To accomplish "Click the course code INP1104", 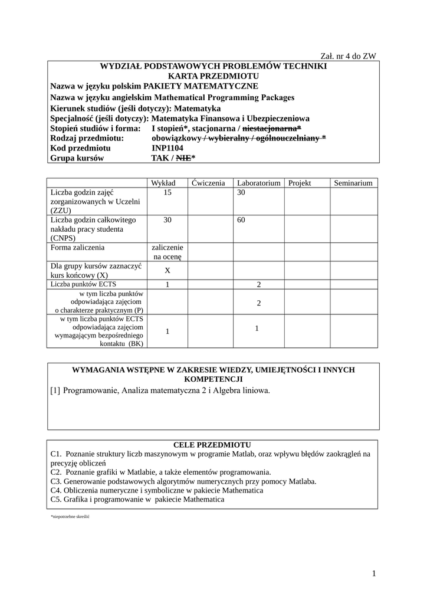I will [167, 148].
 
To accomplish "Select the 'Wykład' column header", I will [167, 183].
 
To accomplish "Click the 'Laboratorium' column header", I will [258, 183].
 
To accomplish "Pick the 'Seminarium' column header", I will [353, 183].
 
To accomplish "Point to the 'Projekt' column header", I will [300, 183].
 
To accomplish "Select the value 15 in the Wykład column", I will [167, 192].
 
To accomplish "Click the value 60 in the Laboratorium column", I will [241, 220].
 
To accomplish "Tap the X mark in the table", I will [167, 271].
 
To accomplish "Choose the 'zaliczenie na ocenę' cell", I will [167, 252].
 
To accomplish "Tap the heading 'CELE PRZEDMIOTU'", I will [213, 444].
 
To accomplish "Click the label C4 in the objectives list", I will [57, 490].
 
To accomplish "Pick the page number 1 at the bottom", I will [374, 573].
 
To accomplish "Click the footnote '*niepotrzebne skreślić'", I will [70, 516].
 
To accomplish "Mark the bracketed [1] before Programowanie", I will [55, 390].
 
